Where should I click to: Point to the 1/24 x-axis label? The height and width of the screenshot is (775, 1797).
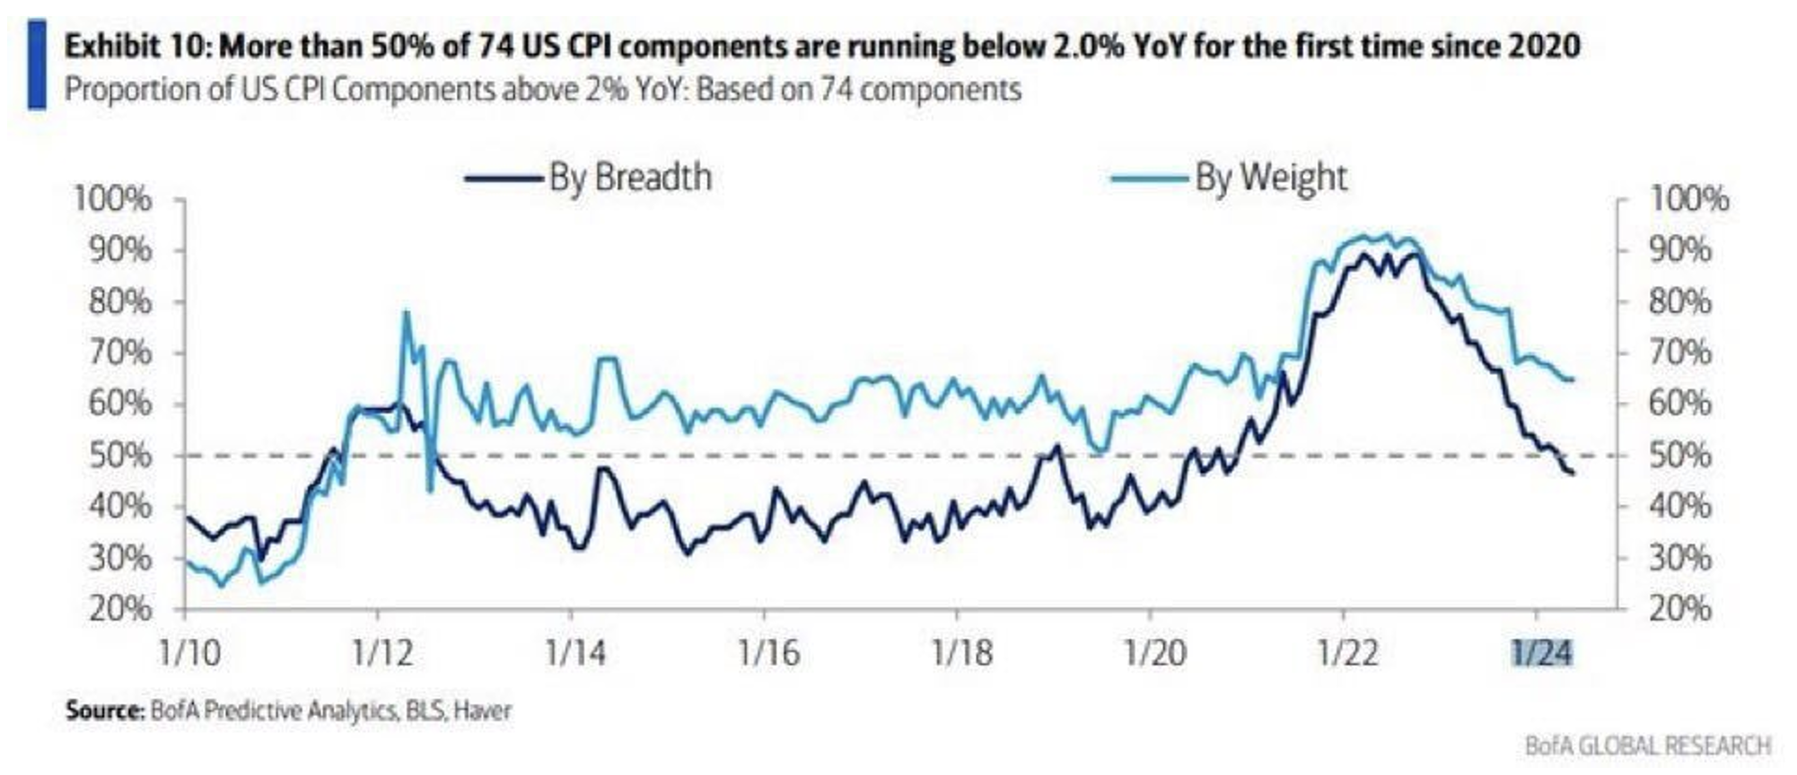coord(1542,652)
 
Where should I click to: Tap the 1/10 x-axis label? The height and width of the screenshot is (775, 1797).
coord(189,652)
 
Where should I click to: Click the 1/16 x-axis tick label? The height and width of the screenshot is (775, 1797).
coord(768,652)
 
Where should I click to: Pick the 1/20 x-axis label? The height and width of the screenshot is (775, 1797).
coord(1154,652)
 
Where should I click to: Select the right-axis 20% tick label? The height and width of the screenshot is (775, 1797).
coord(1680,610)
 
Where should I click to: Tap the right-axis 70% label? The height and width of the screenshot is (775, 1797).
coord(1680,353)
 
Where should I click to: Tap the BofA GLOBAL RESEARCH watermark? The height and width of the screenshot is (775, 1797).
coord(1647,745)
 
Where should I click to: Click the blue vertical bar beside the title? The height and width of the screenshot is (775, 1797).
coord(37,65)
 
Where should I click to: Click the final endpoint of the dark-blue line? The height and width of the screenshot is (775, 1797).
coord(1572,474)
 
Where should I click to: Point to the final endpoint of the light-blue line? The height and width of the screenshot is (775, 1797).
coord(1572,379)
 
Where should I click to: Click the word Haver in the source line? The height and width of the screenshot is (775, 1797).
coord(483,711)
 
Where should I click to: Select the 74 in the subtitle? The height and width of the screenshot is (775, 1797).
coord(836,90)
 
